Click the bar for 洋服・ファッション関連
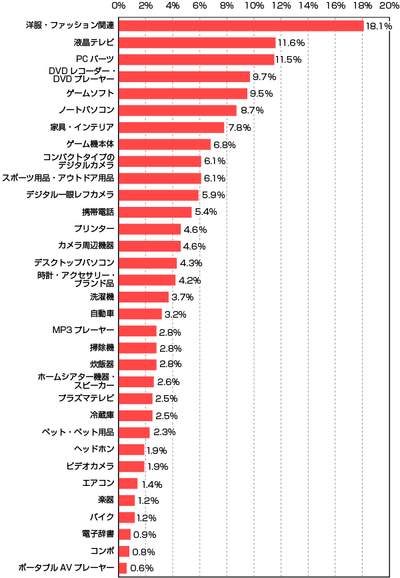[x=241, y=25]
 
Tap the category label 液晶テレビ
[x=94, y=43]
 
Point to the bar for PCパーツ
[x=197, y=59]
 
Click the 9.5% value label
[x=261, y=93]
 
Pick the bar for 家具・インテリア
[x=171, y=127]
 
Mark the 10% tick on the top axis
[x=253, y=5]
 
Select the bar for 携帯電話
[x=155, y=212]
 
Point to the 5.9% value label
[x=213, y=196]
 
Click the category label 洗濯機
[x=102, y=297]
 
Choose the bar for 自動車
[x=141, y=314]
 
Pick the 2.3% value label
[x=164, y=432]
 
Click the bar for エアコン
[x=129, y=483]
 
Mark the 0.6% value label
[x=142, y=569]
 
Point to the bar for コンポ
[x=125, y=551]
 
